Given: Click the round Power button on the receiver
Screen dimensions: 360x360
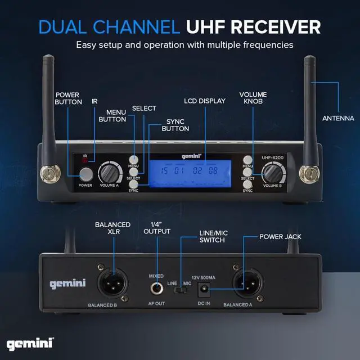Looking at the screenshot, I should (85, 173).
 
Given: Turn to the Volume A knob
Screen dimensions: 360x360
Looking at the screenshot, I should (109, 173).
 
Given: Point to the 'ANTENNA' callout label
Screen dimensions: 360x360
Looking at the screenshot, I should (338, 119).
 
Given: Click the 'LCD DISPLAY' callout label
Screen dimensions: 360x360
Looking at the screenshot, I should (205, 101).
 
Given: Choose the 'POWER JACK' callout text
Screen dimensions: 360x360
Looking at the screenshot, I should (279, 237).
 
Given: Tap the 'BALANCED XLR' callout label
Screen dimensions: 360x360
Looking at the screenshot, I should (112, 228).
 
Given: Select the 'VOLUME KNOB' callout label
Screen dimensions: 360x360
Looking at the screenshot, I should (253, 98).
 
